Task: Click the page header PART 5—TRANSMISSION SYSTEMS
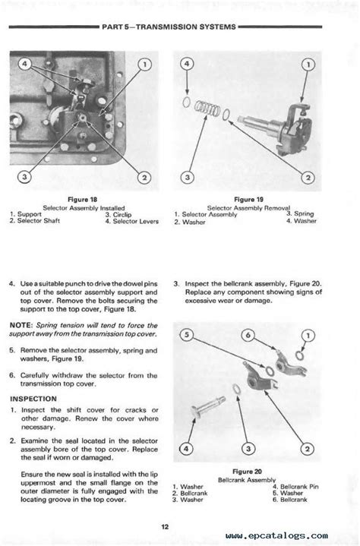click(169, 27)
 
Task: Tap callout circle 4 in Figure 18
click(25, 64)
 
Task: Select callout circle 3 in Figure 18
click(24, 176)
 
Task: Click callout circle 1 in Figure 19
click(308, 65)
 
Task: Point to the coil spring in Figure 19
click(207, 109)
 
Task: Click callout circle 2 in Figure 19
click(308, 178)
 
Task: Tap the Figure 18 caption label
click(83, 200)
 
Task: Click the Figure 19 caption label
click(248, 200)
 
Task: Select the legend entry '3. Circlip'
click(118, 214)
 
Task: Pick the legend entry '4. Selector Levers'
click(132, 221)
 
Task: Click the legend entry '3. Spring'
click(300, 213)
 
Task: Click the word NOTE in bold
click(21, 325)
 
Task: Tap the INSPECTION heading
click(33, 399)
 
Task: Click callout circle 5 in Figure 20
click(187, 335)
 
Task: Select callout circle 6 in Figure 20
click(248, 335)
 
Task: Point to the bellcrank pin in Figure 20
click(208, 406)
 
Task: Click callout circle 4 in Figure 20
click(186, 449)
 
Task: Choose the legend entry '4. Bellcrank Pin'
click(295, 487)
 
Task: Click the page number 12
click(165, 527)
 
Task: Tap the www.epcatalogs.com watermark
click(276, 535)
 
